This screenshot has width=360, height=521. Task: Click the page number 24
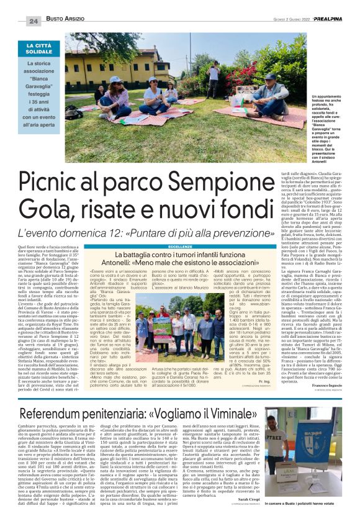click(34, 20)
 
